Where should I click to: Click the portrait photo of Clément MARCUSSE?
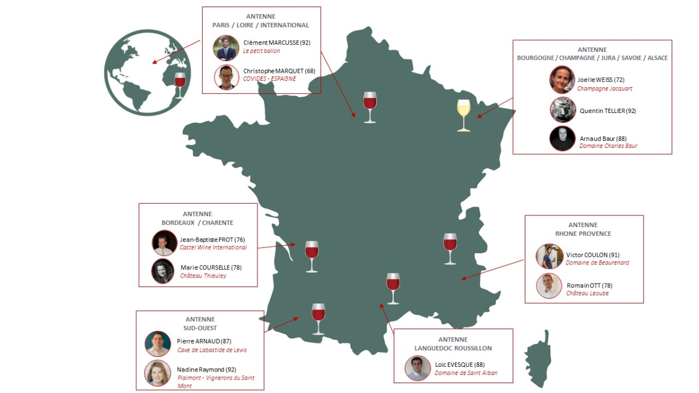coord(226,48)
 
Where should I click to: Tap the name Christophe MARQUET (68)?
coord(279,71)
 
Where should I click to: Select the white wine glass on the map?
coord(464,115)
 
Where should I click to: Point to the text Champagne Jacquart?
coord(605,88)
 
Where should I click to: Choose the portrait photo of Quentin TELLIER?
coord(563,109)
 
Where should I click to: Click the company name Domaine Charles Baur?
coord(608,146)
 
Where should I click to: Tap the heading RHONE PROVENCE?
coord(584,233)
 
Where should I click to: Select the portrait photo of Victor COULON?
coord(549,256)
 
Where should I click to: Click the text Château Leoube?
coord(587,293)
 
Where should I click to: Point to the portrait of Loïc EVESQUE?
coord(418,368)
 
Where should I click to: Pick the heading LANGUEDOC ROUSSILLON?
coord(453,348)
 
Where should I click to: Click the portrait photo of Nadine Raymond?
coord(158,373)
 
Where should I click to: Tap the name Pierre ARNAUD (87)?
coord(204,341)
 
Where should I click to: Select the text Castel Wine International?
coord(213,247)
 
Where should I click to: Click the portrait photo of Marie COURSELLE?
coord(164,271)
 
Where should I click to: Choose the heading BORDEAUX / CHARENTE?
coord(197,222)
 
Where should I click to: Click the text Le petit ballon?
coord(262,51)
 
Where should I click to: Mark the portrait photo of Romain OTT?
coord(549,286)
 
